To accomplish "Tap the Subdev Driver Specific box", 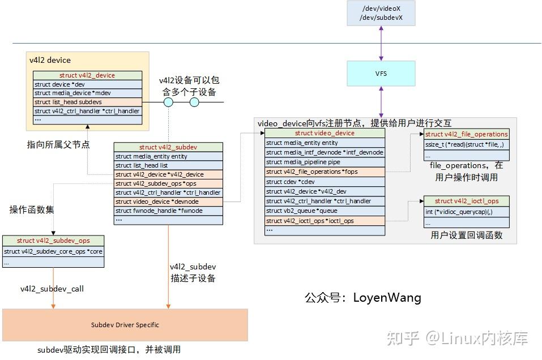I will (125, 325).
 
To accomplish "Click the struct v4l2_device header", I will (87, 75).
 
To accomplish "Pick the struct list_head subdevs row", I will (87, 102).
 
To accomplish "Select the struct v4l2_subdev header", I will (168, 147).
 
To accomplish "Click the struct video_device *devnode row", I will (168, 202).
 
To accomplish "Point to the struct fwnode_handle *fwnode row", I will (168, 211).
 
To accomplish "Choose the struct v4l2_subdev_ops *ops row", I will (168, 183).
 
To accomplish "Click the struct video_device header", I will (325, 133).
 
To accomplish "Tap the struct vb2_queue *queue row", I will (325, 211).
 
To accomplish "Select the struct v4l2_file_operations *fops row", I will (325, 172).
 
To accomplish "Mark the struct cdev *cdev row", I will (325, 182).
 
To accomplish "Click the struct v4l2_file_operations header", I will (466, 134).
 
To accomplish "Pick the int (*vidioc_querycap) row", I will (466, 211).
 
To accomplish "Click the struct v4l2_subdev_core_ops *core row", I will (53, 251).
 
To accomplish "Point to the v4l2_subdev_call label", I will (52, 289).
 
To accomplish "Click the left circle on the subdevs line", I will (168, 102).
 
